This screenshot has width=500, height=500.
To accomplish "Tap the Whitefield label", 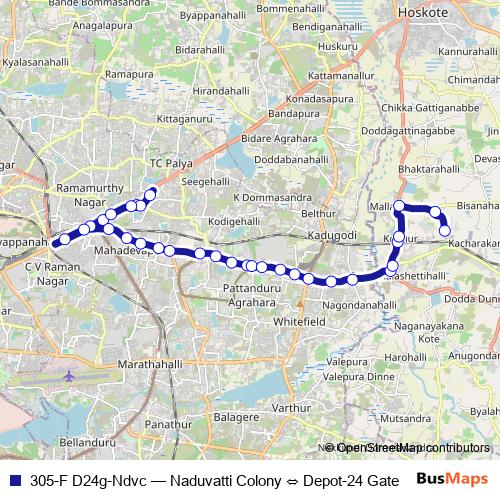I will coord(300,322).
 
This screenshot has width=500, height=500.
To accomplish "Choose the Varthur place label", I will coord(291,408).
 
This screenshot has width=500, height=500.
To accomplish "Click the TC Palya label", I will coord(169,161).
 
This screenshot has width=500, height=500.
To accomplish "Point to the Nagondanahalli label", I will coord(358,304).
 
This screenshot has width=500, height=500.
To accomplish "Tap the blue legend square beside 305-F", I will coord(14,479).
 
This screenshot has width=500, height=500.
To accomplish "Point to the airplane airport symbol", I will coord(68,377).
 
